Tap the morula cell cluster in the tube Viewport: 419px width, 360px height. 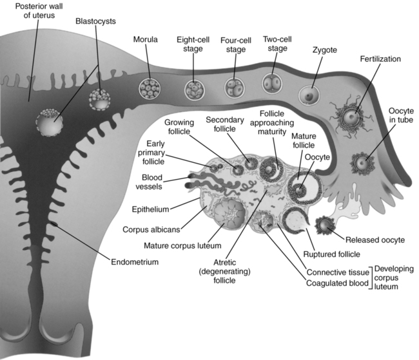(x=149, y=88)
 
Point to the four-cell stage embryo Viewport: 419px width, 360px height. (x=235, y=87)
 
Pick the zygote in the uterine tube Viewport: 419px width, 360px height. (x=310, y=95)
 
